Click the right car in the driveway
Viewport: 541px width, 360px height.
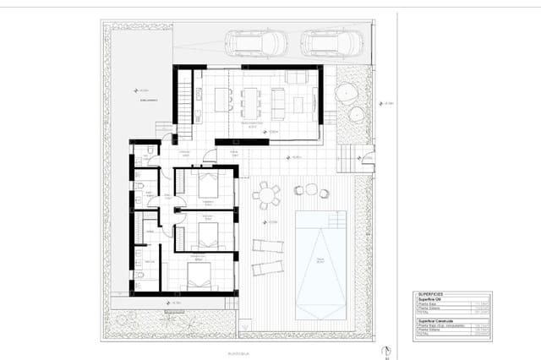click(332, 42)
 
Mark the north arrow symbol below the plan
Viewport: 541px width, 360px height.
click(385, 350)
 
